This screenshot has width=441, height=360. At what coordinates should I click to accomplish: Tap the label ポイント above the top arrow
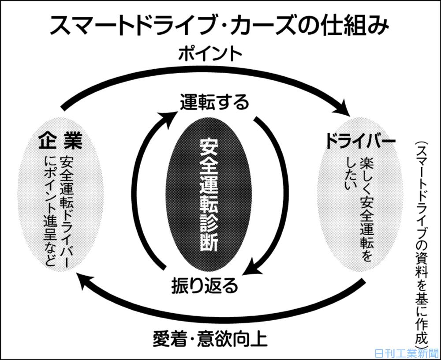coord(210,55)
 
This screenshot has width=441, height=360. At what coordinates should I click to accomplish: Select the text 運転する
coord(215,103)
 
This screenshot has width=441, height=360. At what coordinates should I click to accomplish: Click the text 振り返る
coord(205,285)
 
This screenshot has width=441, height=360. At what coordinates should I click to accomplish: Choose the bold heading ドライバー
coord(361,141)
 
